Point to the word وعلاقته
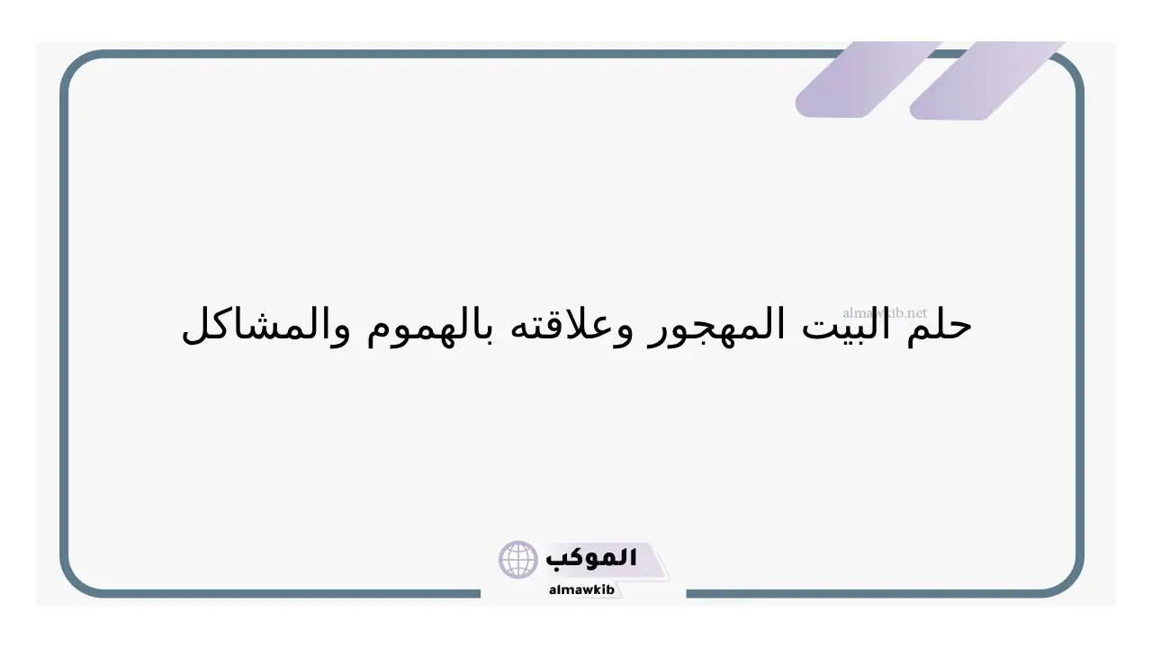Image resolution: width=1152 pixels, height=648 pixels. (571, 326)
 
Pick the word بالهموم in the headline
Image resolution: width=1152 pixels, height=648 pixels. (430, 326)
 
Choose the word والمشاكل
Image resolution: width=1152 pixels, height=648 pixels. (266, 326)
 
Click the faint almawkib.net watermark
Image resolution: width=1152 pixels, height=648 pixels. (885, 312)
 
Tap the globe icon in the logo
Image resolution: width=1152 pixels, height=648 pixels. (517, 560)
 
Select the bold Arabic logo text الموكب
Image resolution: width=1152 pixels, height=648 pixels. (591, 559)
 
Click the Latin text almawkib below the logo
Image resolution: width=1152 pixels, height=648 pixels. (581, 589)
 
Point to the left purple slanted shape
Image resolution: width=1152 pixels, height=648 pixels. (868, 79)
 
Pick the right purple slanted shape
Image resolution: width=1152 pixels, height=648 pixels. (987, 80)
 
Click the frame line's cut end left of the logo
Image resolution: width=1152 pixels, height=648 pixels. (480, 594)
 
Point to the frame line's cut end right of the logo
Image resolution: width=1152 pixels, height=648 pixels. (687, 594)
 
